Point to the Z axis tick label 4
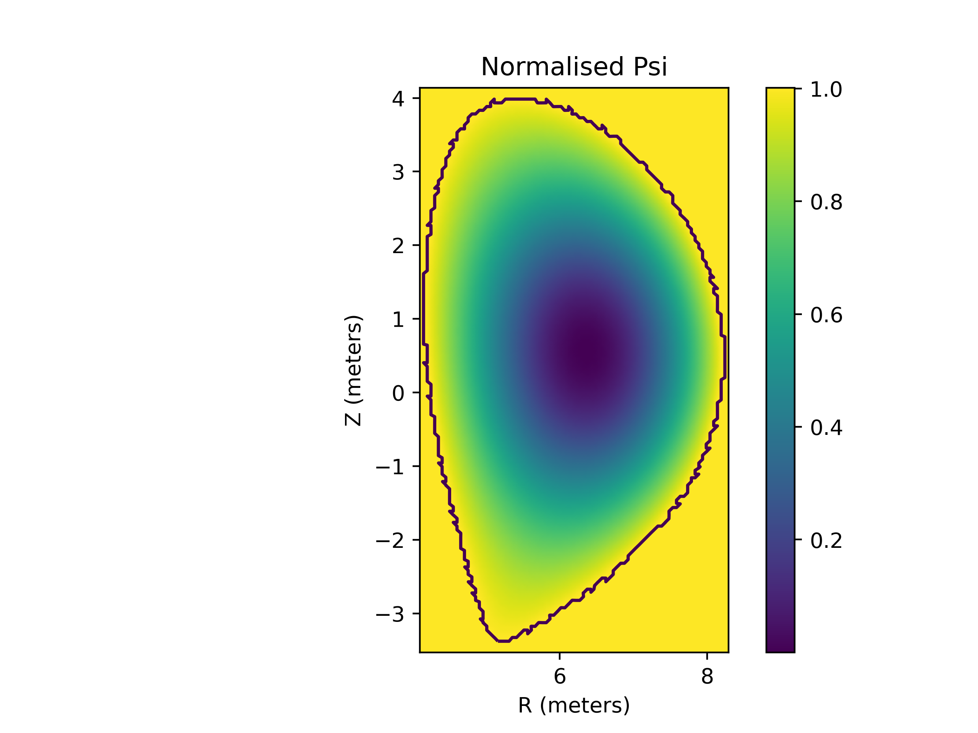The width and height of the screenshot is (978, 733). (x=398, y=98)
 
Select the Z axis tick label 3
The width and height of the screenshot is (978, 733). (x=398, y=172)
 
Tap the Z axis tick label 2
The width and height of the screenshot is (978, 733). (x=398, y=245)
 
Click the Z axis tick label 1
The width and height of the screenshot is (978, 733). (x=398, y=320)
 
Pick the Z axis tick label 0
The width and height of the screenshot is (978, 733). (x=398, y=393)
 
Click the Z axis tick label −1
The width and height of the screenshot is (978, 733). (x=390, y=467)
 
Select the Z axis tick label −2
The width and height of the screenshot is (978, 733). (x=390, y=540)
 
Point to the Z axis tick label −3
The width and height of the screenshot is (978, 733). (x=390, y=614)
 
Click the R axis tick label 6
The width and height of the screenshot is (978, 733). (x=560, y=676)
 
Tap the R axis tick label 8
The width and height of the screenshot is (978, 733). (x=707, y=676)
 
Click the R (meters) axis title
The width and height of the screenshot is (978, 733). (x=574, y=705)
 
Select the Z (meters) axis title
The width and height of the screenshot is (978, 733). (x=353, y=370)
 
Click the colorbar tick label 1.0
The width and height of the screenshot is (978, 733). (x=826, y=89)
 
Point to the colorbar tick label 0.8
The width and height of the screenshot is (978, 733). (x=826, y=202)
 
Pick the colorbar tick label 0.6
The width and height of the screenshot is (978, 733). (x=826, y=315)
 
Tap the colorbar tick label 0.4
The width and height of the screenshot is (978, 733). (x=826, y=428)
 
